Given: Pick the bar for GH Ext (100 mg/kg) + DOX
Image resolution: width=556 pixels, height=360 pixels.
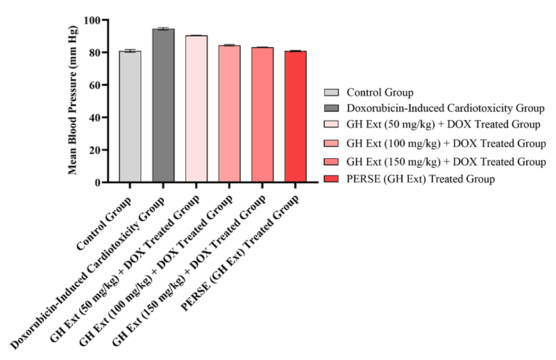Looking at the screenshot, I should [229, 114].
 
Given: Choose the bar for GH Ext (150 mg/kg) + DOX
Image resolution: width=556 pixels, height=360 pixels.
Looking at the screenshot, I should [262, 114].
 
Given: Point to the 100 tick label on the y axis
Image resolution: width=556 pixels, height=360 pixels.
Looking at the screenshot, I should [91, 20].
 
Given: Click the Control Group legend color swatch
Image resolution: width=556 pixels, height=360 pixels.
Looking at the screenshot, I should [331, 92].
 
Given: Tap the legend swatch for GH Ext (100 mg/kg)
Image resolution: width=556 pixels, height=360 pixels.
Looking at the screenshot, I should [331, 144].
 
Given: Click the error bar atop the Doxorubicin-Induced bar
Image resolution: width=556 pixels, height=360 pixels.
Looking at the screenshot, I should [163, 28].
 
